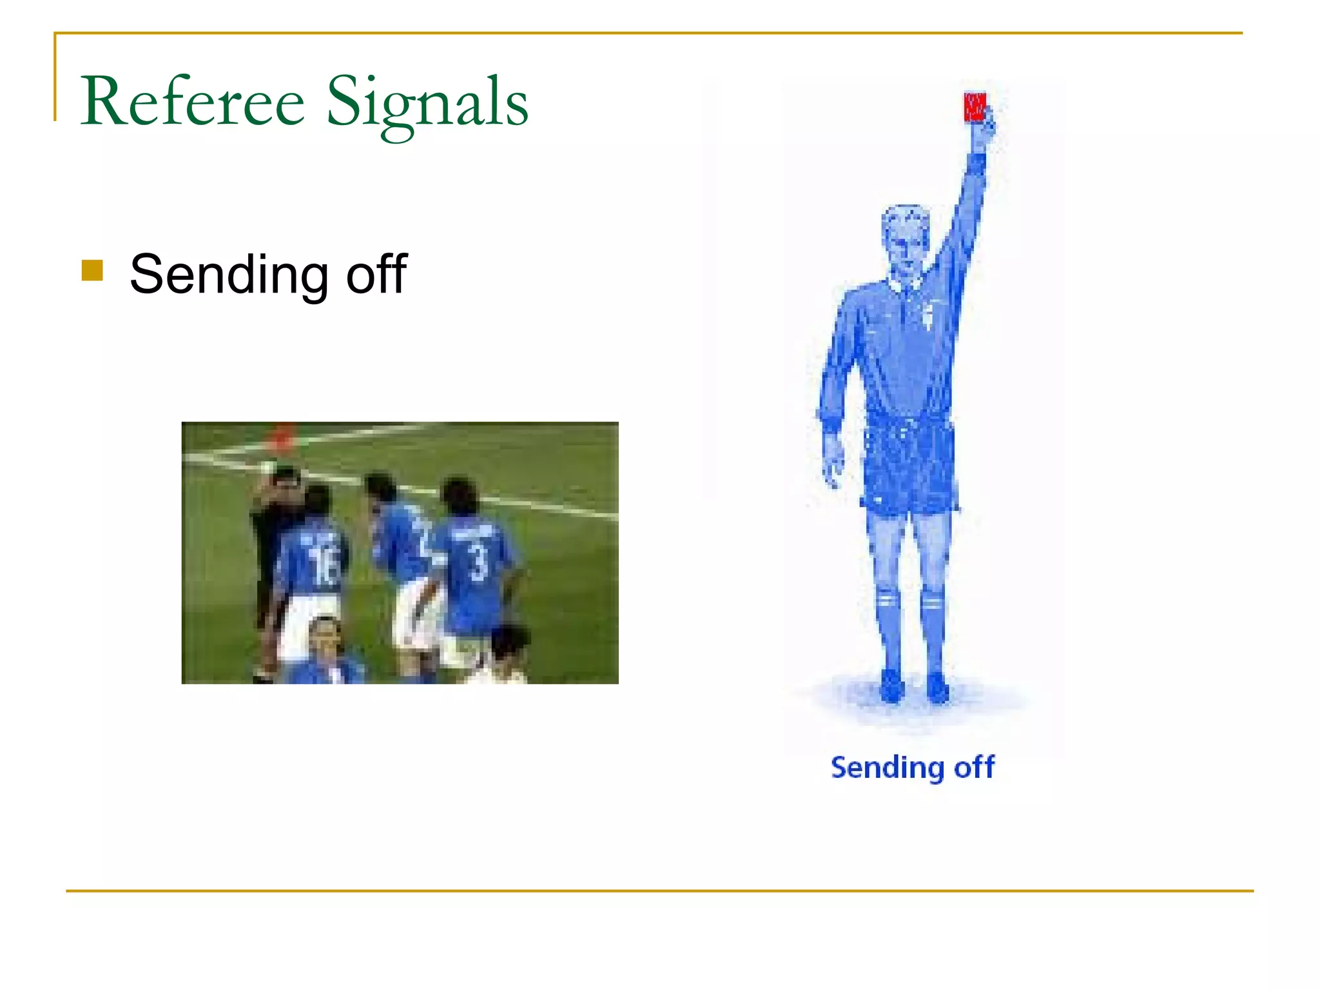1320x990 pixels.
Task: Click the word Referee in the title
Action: coord(192,102)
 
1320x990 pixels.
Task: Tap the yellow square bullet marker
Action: coord(92,271)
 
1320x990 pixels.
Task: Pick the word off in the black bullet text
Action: coord(376,274)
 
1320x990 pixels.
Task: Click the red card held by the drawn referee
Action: coord(974,107)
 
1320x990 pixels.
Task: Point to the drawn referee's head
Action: coord(906,238)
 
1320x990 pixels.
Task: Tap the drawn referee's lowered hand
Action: coord(833,461)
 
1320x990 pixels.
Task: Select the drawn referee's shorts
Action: coord(909,464)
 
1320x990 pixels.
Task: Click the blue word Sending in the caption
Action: coord(887,768)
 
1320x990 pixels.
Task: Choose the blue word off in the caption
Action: coord(974,767)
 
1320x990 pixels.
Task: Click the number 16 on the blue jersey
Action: coord(322,565)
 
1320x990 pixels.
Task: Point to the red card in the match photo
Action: coord(282,436)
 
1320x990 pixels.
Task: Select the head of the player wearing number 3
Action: coord(459,496)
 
